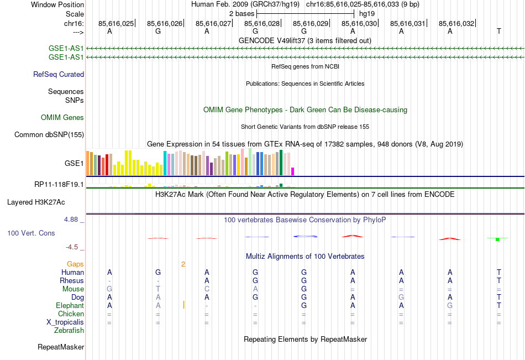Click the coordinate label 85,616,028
pos(262,24)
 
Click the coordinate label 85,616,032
pos(456,24)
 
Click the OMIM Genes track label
pos(62,117)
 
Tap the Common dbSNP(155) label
pos(49,134)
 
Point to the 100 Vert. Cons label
pos(31,233)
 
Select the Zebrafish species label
pos(69,330)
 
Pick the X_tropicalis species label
pos(65,322)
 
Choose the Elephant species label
pos(70,305)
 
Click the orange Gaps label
pos(75,264)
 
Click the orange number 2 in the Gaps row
pos(182,264)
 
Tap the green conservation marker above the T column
pos(498,238)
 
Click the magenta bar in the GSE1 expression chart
pos(293,171)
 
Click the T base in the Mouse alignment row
pos(158,289)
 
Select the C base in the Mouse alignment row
pos(207,289)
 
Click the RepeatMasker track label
pos(61,347)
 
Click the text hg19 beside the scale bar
pos(367,13)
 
